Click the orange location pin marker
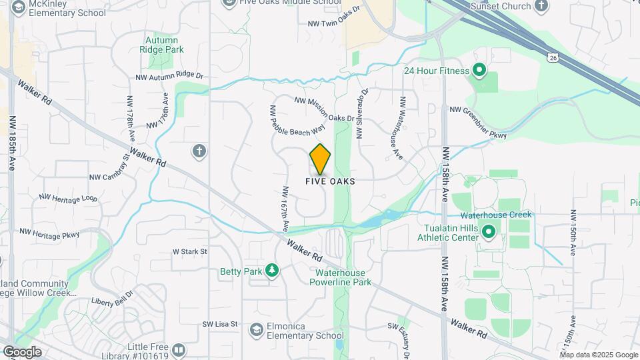(x=321, y=159)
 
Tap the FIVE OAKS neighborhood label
(x=329, y=181)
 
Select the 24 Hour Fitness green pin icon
(x=478, y=69)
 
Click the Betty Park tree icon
(x=271, y=270)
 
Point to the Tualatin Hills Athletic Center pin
(x=489, y=233)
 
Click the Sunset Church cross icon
(x=542, y=6)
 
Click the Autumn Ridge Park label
(x=165, y=44)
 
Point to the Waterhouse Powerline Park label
(x=343, y=277)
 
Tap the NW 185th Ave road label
(x=12, y=139)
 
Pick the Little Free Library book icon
(x=178, y=349)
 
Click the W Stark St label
(x=190, y=252)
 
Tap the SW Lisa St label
(x=220, y=324)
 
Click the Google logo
(x=22, y=352)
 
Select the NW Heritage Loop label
(x=68, y=198)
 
